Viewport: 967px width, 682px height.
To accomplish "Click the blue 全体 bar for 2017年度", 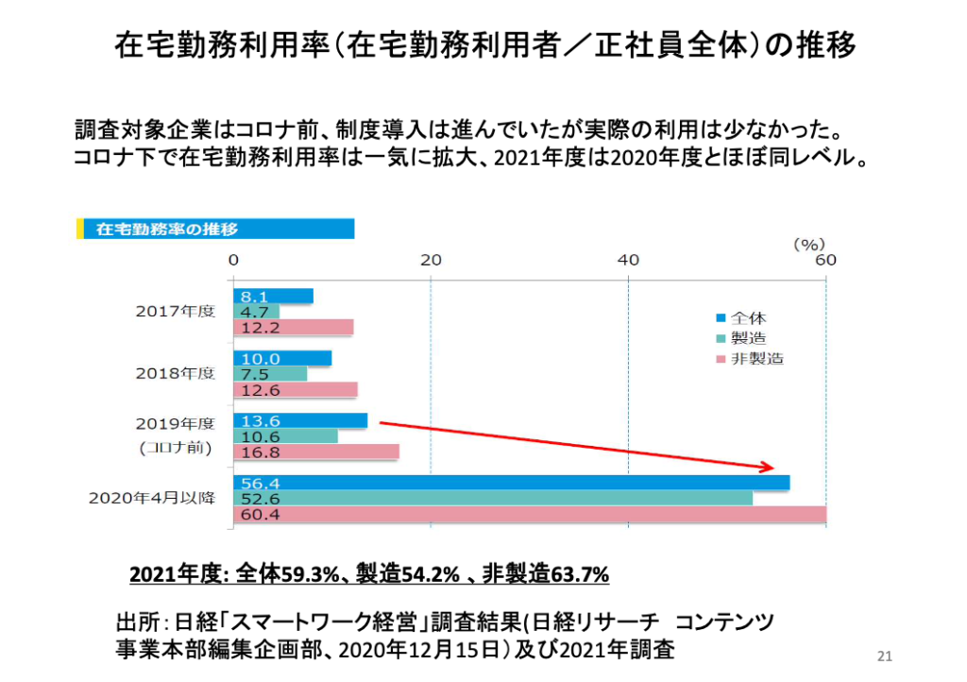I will (x=273, y=296).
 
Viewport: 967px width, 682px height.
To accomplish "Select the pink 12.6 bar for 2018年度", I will (x=295, y=389).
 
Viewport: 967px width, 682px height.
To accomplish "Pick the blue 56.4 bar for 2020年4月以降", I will (x=511, y=483).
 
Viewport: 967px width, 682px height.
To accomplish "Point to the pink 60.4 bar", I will (x=529, y=514).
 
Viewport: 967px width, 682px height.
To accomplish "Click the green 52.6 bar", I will (x=492, y=498).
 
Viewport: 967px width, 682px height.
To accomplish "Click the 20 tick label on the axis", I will (x=431, y=260).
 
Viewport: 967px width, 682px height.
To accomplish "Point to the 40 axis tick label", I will (x=628, y=260).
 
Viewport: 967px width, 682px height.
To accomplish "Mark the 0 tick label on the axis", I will (x=233, y=260).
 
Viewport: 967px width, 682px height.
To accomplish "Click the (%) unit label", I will (x=808, y=243).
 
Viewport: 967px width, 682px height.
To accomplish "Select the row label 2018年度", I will (x=175, y=373).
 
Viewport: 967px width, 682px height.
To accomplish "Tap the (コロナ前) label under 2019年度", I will (x=177, y=448).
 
